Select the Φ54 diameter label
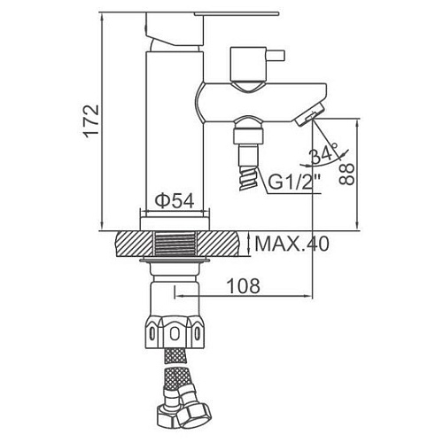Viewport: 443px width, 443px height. (175, 199)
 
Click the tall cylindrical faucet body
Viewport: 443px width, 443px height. (173, 133)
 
